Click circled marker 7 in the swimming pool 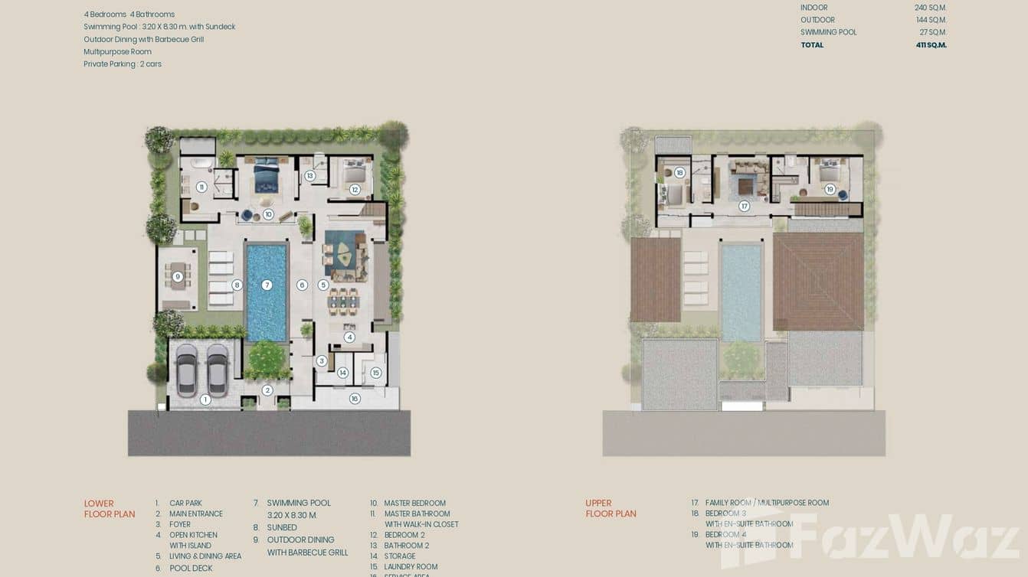(267, 285)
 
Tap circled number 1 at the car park (205, 399)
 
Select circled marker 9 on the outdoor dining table (178, 277)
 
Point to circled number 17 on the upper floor (744, 206)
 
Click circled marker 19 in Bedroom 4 (830, 189)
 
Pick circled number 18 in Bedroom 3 (679, 173)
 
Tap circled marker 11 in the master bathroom (201, 187)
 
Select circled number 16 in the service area (355, 399)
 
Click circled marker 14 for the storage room (342, 373)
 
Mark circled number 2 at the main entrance (267, 390)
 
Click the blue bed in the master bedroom (267, 175)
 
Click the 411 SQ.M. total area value (931, 45)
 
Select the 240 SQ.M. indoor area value (931, 8)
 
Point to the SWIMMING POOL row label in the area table (828, 32)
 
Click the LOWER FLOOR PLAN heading (109, 509)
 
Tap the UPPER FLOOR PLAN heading (611, 509)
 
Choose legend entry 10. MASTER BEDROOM (414, 504)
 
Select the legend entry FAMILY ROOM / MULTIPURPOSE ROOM (767, 503)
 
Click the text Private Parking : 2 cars (123, 64)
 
